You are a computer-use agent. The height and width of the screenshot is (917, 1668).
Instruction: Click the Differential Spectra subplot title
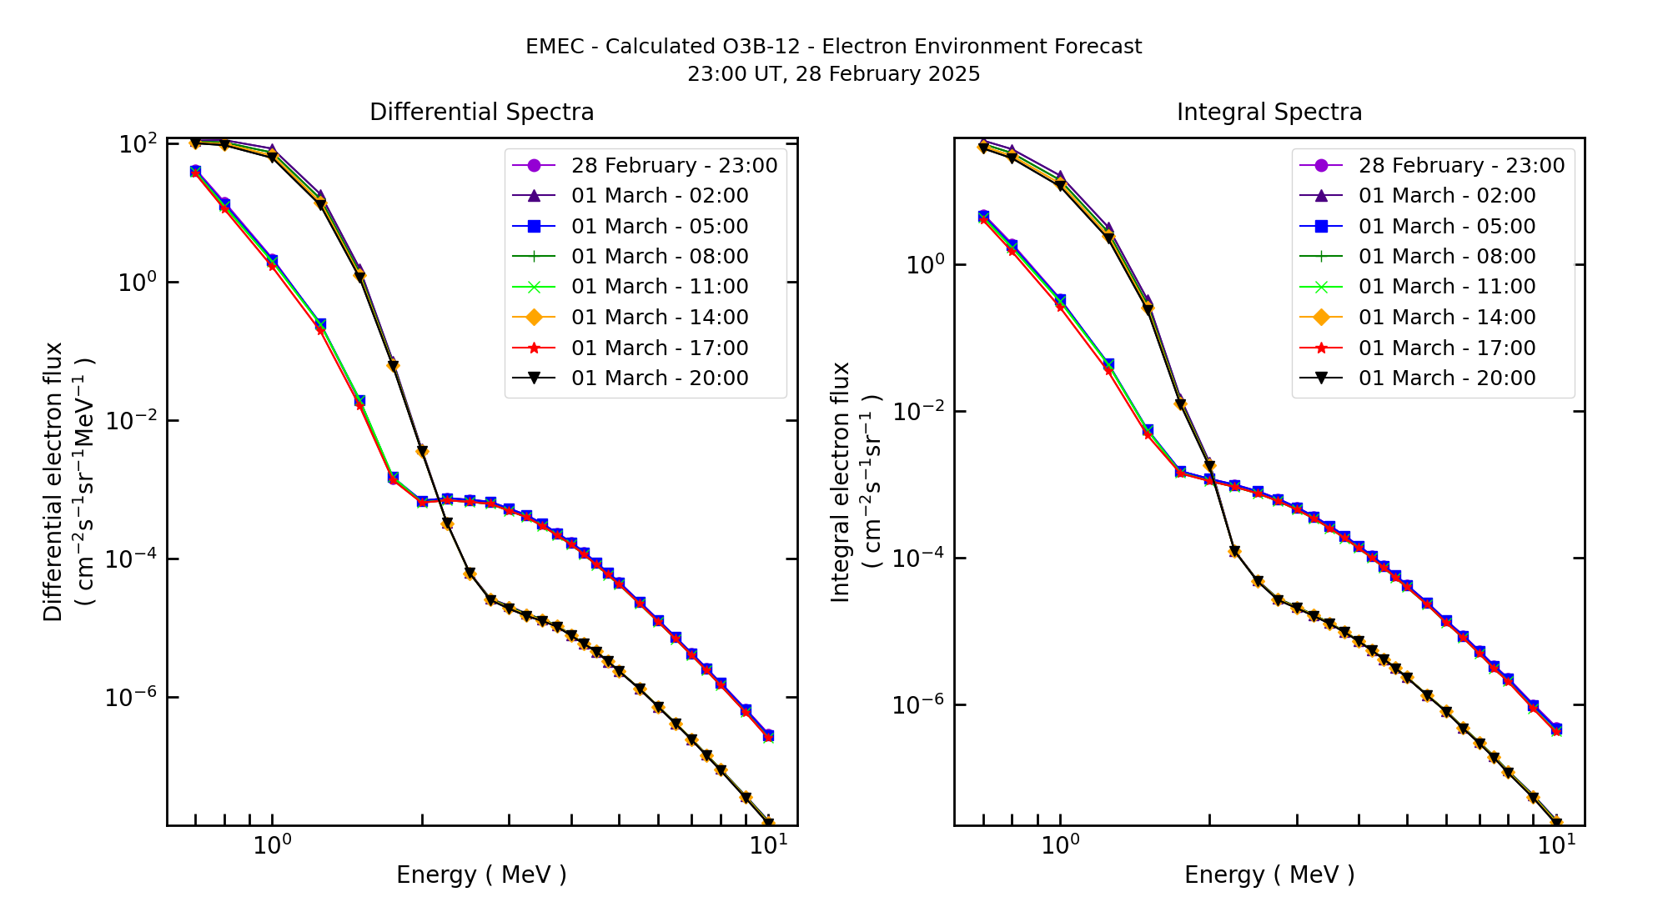tap(481, 113)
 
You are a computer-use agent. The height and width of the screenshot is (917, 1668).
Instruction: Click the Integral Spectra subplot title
tap(1269, 113)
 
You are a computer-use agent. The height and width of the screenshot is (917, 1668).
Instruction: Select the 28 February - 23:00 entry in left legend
tap(673, 166)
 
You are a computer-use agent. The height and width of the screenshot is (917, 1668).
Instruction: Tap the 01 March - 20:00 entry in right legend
tap(1446, 378)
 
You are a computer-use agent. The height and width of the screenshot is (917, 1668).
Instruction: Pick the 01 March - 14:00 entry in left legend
tap(659, 318)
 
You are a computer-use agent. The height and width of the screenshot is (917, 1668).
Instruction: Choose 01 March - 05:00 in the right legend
tap(1446, 227)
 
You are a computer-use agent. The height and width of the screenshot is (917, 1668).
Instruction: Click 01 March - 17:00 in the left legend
tap(659, 348)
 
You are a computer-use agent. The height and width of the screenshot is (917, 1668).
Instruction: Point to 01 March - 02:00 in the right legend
tap(1446, 196)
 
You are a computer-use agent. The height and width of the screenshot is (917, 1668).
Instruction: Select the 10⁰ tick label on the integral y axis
tap(925, 266)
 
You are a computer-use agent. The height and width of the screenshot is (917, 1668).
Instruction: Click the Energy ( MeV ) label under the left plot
tap(481, 875)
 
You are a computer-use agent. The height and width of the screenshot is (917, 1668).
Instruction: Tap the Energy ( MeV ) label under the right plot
tap(1269, 875)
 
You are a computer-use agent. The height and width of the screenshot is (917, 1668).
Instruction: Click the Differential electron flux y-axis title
tap(53, 482)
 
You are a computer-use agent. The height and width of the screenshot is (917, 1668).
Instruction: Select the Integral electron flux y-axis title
tap(841, 482)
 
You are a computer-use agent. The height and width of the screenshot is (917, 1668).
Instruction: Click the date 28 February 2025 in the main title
tap(887, 74)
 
